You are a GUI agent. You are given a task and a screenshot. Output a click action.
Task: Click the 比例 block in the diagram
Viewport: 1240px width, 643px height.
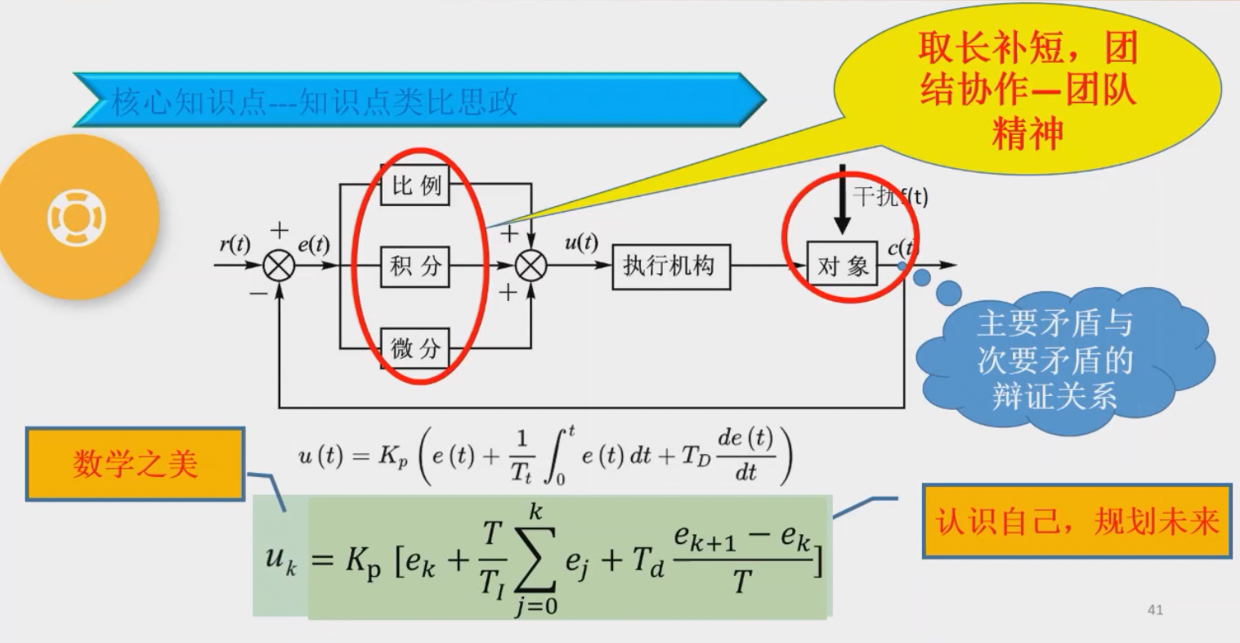[415, 186]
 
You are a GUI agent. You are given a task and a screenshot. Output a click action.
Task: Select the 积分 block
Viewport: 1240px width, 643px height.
[415, 267]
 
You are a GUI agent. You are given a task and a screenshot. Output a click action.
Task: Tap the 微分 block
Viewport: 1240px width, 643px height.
[415, 349]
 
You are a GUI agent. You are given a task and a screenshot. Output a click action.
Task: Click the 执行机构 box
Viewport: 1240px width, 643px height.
[669, 266]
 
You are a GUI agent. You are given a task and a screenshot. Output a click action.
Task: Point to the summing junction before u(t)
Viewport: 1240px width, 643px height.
[532, 265]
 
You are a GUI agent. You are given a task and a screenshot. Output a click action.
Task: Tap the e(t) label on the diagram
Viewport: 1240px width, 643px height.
[313, 245]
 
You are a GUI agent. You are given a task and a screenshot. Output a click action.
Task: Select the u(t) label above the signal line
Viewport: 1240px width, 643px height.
[580, 243]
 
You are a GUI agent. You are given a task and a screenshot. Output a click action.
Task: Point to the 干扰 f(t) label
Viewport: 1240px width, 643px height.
[889, 196]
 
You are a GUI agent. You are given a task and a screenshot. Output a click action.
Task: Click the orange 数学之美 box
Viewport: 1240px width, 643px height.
[135, 464]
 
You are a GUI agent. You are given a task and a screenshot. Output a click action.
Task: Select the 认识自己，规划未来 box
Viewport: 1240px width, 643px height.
[1077, 521]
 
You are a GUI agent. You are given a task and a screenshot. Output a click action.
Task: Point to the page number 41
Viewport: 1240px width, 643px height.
[1155, 609]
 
